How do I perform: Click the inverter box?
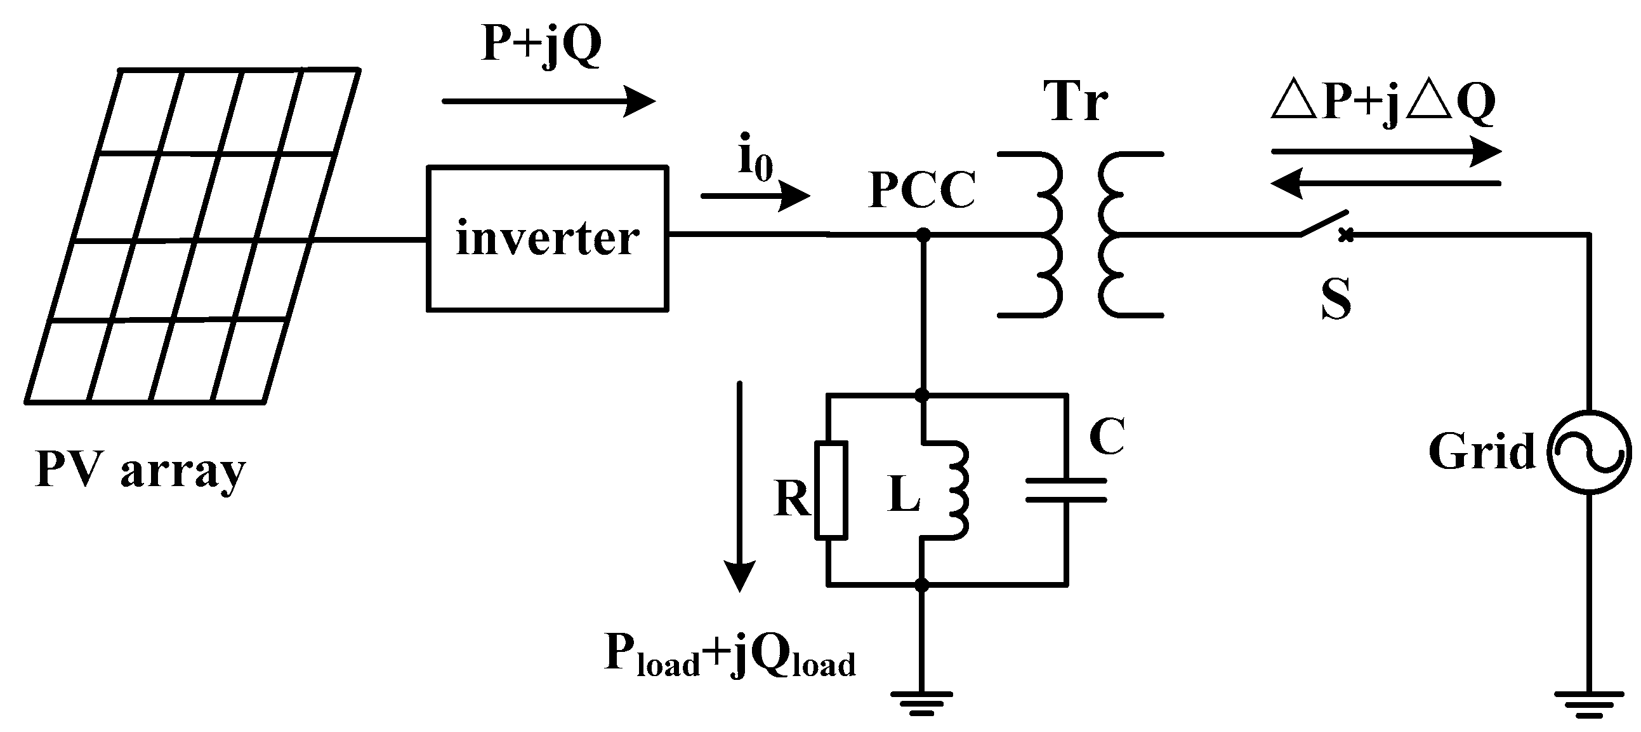click(546, 238)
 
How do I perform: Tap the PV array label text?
click(140, 471)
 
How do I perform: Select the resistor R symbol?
click(831, 490)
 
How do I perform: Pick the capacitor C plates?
click(1065, 490)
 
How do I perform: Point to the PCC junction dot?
click(923, 235)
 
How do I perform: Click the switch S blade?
click(1324, 223)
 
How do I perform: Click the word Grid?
click(1481, 451)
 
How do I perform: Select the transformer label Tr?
click(1076, 102)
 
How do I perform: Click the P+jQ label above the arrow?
click(541, 44)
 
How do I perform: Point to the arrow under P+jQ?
click(548, 101)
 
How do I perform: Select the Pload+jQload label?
click(729, 657)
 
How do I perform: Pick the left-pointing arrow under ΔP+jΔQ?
click(1385, 184)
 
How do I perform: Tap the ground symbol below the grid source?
click(1589, 701)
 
